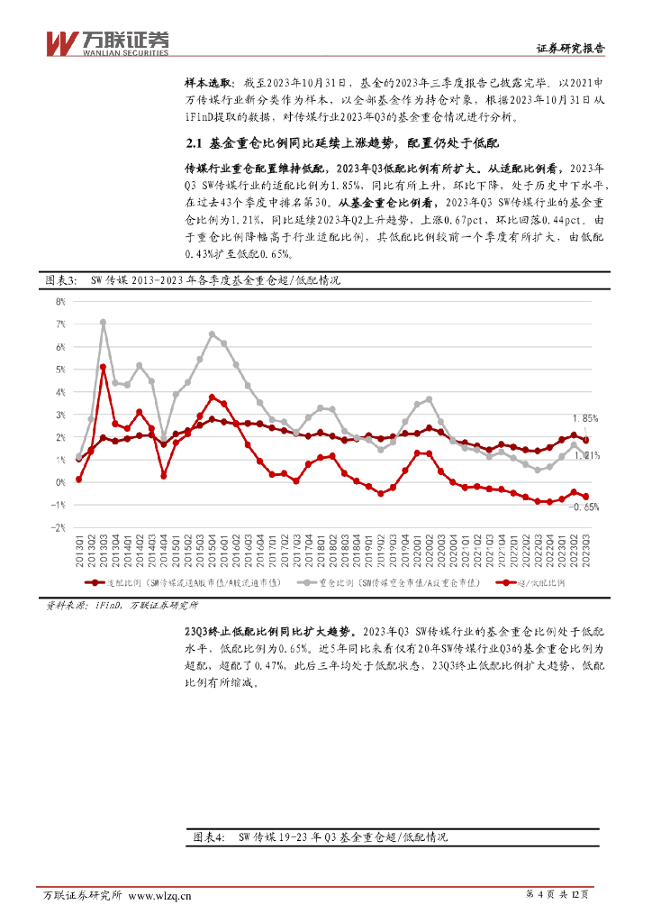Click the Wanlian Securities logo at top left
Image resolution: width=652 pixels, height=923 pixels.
(x=107, y=42)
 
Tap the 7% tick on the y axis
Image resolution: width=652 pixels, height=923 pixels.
(x=61, y=324)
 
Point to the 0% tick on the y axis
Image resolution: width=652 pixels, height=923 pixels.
(x=61, y=482)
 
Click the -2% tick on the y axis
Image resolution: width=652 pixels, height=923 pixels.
(x=61, y=528)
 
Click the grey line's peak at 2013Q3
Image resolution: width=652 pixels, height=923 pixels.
(x=104, y=322)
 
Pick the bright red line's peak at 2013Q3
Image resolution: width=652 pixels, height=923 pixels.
(x=104, y=367)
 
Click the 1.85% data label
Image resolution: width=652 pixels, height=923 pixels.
(x=584, y=418)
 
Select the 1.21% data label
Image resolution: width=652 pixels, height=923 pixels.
(x=585, y=456)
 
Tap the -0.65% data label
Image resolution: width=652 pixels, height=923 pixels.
(x=584, y=507)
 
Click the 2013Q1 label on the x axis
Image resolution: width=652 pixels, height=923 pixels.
(x=78, y=550)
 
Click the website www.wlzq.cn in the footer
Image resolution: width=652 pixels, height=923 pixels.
(x=161, y=896)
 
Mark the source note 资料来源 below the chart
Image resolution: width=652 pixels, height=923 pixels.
(x=67, y=606)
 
